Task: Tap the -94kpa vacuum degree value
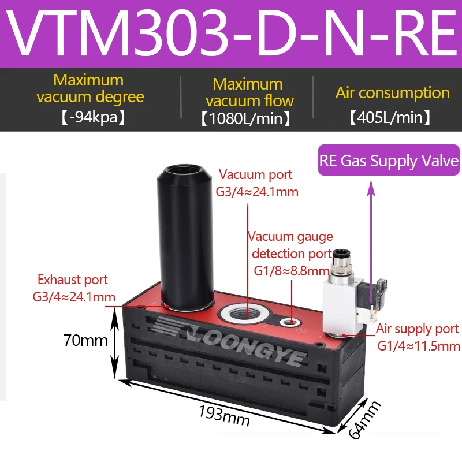90,117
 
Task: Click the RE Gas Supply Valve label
389,161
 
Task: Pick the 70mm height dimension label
85,341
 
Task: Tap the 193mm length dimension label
224,415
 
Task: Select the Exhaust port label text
73,280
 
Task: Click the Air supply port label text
418,330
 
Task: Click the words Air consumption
392,92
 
